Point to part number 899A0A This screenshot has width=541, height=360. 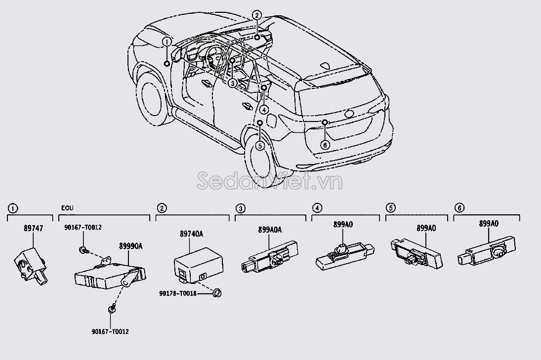click(x=269, y=230)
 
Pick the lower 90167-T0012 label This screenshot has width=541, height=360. click(x=111, y=332)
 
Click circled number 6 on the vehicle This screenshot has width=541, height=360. click(x=325, y=145)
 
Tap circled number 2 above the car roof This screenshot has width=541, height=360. click(x=256, y=15)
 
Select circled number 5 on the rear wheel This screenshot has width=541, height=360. click(x=260, y=145)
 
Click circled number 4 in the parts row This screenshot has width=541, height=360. click(x=317, y=208)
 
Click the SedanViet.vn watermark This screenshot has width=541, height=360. click(x=269, y=181)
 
